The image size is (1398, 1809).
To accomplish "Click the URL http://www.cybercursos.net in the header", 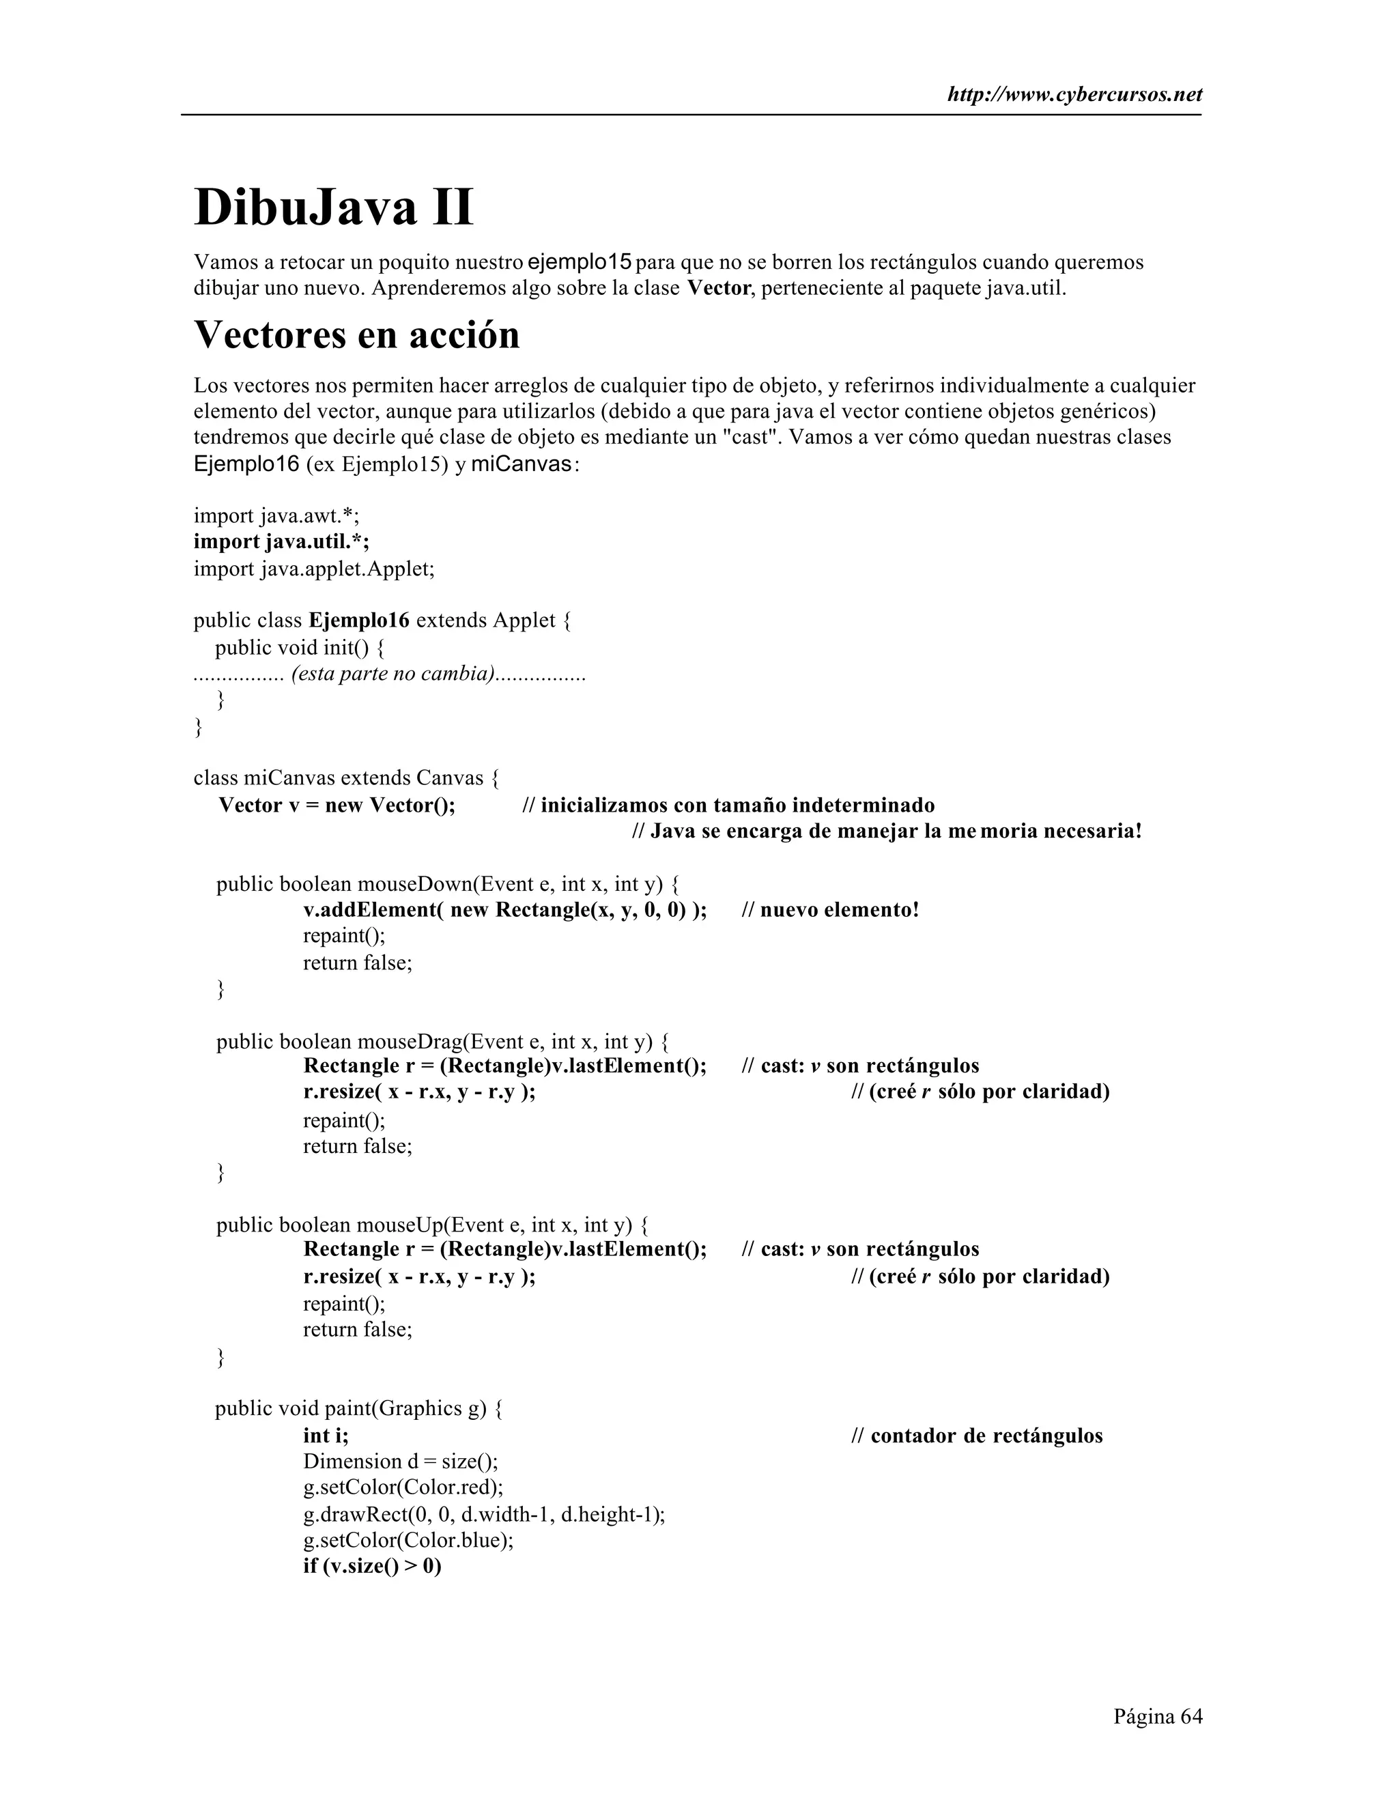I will point(1074,96).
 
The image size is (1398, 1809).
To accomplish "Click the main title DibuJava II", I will point(334,208).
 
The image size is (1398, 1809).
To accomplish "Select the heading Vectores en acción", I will point(356,334).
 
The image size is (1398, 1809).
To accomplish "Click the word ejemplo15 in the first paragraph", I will point(580,263).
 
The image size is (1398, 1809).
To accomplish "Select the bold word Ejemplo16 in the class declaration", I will point(358,621).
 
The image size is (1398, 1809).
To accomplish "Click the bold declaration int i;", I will point(326,1436).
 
